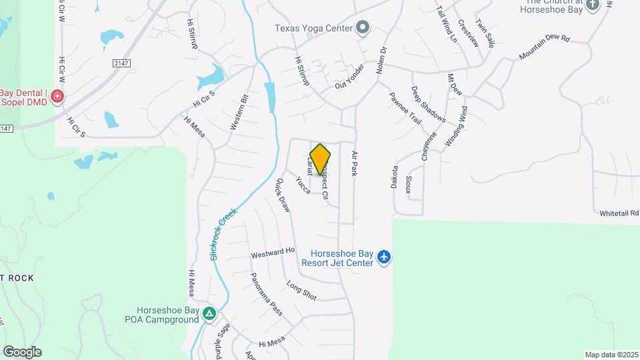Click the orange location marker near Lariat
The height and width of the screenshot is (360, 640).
click(320, 159)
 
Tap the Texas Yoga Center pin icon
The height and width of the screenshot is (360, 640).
click(363, 27)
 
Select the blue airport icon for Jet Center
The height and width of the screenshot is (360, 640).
click(383, 257)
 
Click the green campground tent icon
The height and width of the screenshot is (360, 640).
click(209, 313)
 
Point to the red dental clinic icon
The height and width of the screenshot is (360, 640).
click(57, 97)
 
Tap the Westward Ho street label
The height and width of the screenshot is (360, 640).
click(272, 253)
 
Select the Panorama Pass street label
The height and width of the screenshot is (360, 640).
click(266, 293)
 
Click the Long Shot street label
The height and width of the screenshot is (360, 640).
click(301, 291)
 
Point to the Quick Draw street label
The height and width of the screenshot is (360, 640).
click(283, 195)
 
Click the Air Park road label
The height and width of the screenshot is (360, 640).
click(355, 163)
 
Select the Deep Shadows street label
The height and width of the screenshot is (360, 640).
click(428, 104)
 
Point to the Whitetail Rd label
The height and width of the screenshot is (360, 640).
click(619, 213)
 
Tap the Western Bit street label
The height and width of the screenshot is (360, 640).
click(239, 111)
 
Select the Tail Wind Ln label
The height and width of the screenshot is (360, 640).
click(446, 25)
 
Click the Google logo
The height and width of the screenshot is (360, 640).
click(22, 351)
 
